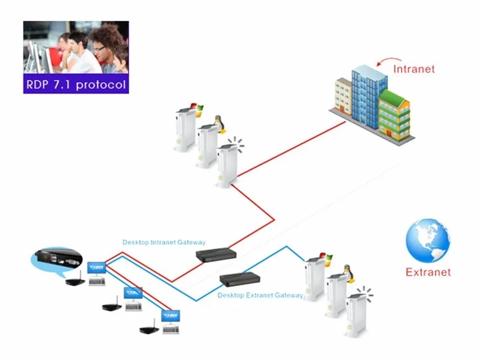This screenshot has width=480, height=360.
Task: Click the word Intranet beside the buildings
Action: coord(413,68)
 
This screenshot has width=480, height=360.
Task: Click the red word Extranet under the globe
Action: coord(428,272)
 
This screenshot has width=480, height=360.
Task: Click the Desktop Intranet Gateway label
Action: coord(164,242)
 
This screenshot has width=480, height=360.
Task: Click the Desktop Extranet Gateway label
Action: coord(260,295)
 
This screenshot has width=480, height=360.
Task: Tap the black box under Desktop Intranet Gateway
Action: coord(217,256)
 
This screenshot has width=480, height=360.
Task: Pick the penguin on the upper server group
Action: coord(220,124)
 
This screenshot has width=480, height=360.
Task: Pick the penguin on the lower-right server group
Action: coord(346,272)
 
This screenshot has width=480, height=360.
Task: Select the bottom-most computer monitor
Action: coord(170,317)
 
